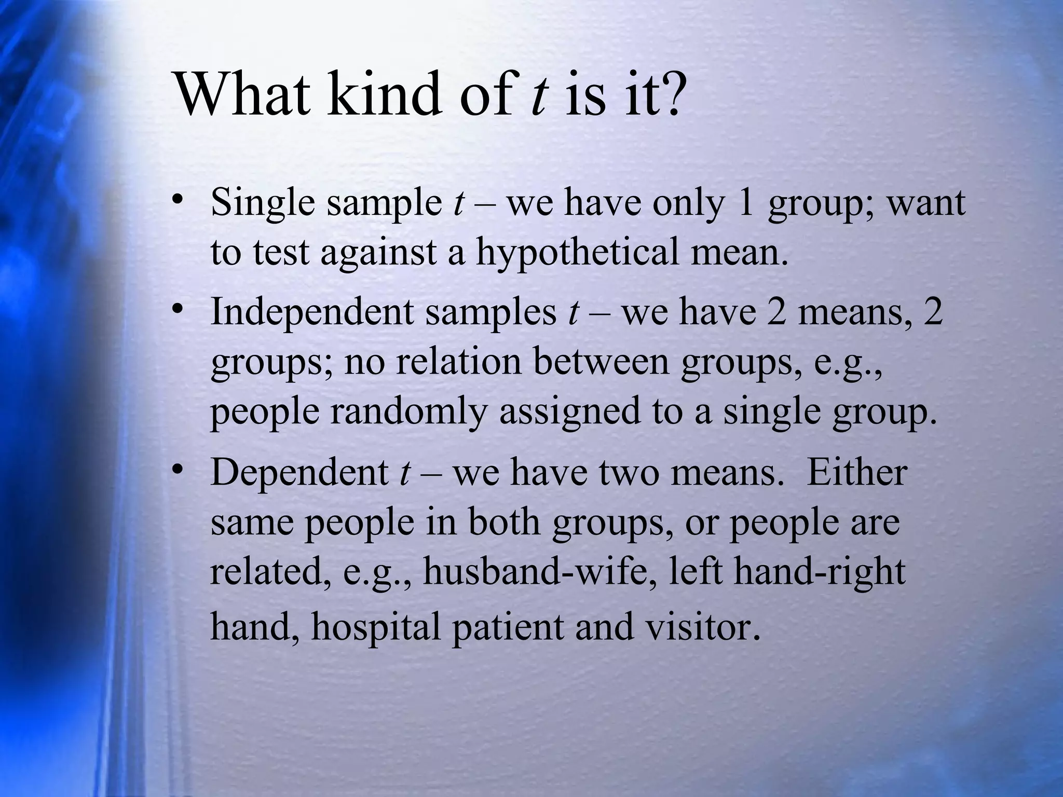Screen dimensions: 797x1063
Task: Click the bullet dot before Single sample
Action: point(179,201)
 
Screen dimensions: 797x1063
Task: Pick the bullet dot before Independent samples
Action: point(179,310)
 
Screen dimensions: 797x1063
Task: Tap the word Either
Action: point(856,472)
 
